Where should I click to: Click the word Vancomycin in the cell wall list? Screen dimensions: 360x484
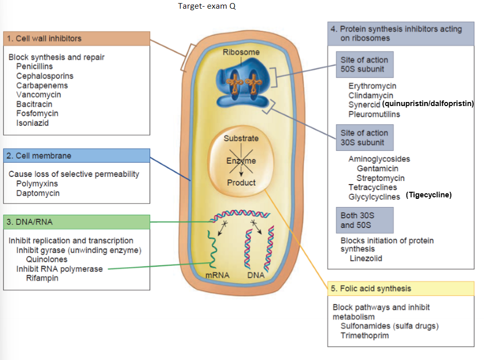[38, 95]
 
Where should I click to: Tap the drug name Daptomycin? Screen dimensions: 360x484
[38, 193]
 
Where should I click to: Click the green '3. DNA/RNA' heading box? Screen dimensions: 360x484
[77, 222]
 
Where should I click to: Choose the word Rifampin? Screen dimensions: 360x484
[42, 278]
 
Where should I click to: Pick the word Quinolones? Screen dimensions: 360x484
[46, 259]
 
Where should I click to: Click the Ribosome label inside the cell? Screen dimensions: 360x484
[241, 52]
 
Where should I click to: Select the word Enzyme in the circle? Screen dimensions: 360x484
[241, 161]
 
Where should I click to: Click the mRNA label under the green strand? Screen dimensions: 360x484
[217, 275]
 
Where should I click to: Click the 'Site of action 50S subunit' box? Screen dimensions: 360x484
[365, 64]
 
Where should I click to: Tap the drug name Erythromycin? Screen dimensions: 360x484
[372, 86]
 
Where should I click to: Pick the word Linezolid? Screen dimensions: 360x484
[366, 259]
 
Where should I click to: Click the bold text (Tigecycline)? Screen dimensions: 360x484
[429, 195]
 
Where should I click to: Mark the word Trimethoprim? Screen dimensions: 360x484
[365, 335]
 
